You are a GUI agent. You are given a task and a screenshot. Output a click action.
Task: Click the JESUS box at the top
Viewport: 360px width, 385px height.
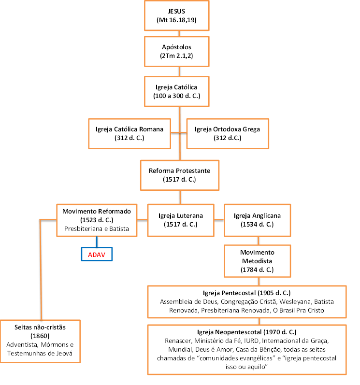tap(176, 15)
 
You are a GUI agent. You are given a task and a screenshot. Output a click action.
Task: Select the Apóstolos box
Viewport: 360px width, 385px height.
tap(176, 51)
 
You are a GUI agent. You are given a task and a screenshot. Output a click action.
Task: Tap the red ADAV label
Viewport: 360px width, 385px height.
tap(97, 255)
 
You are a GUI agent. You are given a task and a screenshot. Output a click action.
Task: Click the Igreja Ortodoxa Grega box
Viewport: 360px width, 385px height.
tap(228, 134)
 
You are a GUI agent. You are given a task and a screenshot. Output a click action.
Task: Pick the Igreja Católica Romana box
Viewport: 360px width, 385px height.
tap(130, 134)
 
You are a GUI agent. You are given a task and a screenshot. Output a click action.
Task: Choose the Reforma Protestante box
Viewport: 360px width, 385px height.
tap(179, 175)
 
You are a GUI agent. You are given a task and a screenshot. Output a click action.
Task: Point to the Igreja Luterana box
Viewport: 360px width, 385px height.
tap(181, 220)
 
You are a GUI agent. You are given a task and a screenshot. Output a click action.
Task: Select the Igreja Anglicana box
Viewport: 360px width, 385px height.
tap(258, 220)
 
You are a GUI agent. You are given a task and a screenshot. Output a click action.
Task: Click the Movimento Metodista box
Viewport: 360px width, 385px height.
tap(258, 261)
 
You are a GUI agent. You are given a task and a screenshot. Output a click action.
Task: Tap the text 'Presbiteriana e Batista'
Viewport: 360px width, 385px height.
tap(97, 228)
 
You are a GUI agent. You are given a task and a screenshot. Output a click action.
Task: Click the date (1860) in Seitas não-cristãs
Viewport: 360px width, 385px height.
tap(40, 336)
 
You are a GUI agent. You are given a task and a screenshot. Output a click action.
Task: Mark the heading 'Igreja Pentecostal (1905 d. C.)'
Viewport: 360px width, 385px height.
tap(246, 293)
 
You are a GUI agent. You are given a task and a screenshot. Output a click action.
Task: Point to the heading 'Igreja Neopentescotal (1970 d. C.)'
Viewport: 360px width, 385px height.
tap(246, 332)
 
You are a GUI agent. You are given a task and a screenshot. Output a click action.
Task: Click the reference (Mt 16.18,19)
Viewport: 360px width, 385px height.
tap(176, 20)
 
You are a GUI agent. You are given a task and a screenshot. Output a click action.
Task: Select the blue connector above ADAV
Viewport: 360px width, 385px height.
tap(97, 242)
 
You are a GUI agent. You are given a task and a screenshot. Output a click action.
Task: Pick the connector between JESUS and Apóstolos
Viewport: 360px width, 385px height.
tap(179, 34)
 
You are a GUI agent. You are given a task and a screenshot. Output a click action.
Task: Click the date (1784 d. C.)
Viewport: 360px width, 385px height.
tap(257, 270)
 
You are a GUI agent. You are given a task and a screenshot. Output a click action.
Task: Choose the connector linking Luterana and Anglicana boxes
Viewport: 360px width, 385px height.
tap(219, 220)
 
